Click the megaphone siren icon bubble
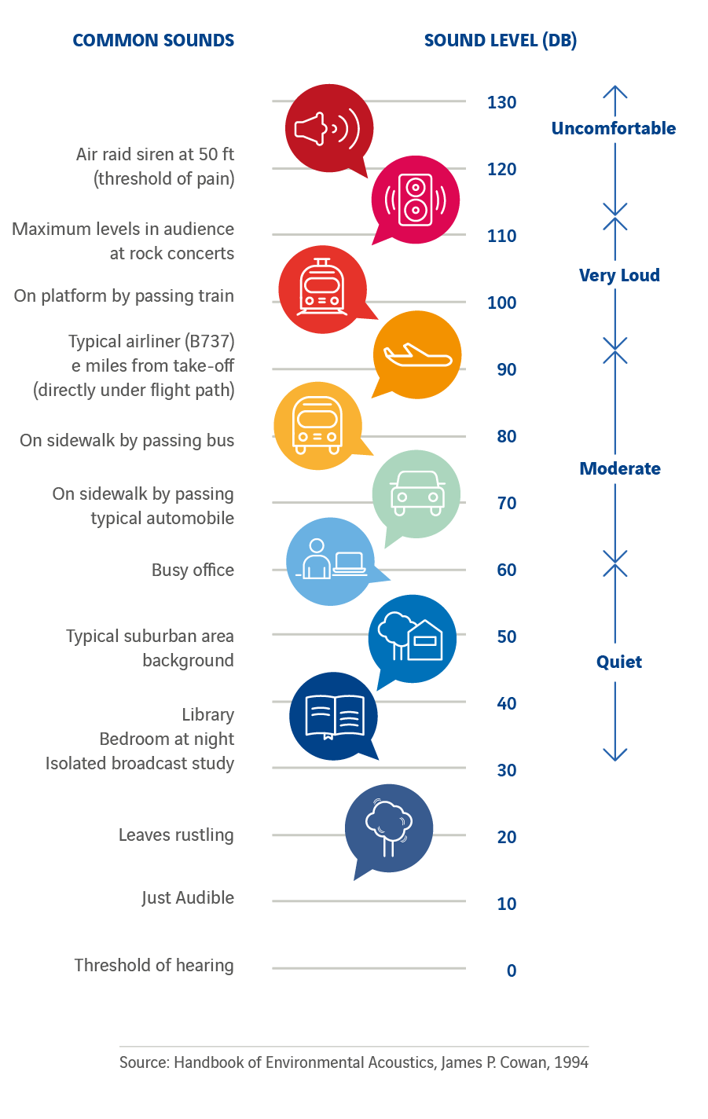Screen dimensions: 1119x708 tap(328, 128)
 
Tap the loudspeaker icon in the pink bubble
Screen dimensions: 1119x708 tap(415, 200)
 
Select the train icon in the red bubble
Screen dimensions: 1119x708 tap(322, 289)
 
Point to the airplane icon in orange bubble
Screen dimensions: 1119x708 tap(416, 355)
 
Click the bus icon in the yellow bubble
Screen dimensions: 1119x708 tap(317, 426)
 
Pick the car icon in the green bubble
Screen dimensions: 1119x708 tap(416, 493)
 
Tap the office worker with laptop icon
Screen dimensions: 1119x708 tap(330, 561)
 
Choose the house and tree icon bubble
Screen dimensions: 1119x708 tap(412, 638)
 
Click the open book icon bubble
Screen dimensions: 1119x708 tap(333, 716)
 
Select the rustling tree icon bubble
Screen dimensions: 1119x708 tap(388, 828)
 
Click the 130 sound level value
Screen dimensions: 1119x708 tap(501, 102)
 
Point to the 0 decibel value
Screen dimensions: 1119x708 tap(512, 970)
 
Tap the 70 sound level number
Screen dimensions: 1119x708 tap(507, 503)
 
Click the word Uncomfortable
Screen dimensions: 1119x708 tap(613, 128)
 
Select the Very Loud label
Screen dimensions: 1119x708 tap(619, 275)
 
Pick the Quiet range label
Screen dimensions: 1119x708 tap(618, 662)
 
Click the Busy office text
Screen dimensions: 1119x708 tap(193, 570)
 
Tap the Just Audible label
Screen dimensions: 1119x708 tap(188, 897)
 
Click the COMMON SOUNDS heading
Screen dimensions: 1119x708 tap(153, 40)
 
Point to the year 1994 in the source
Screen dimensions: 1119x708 tap(570, 1062)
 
